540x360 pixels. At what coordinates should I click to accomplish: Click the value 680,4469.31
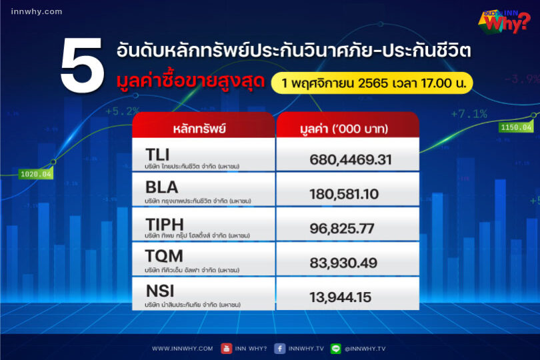[350, 160]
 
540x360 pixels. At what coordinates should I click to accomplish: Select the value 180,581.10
[343, 194]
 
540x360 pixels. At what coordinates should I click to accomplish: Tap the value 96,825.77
[341, 229]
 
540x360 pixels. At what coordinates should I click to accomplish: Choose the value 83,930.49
[341, 263]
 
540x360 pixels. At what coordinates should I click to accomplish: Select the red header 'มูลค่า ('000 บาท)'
[348, 127]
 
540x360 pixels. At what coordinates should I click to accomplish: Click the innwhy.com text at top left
[37, 11]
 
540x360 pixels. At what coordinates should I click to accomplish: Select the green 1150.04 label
[516, 127]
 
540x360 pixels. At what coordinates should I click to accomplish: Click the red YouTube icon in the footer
[227, 348]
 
